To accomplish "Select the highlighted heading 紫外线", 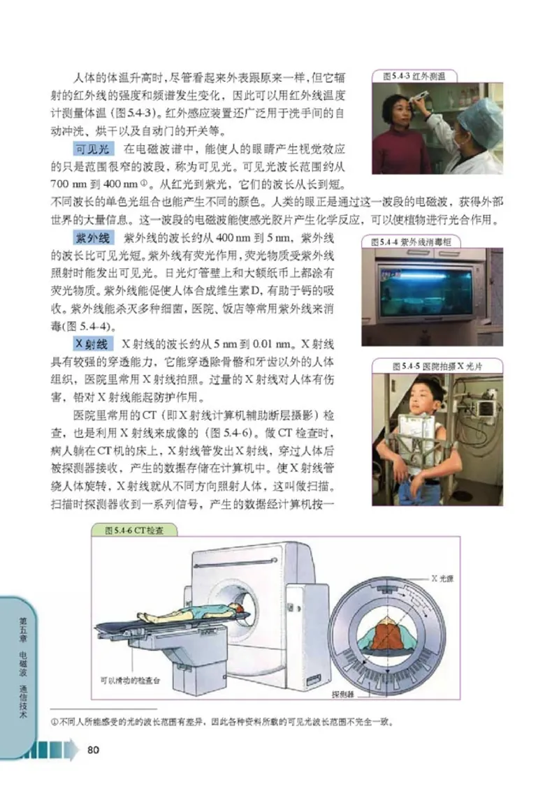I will [91, 237].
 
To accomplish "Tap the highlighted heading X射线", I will [91, 344].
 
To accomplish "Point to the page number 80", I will [92, 750].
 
